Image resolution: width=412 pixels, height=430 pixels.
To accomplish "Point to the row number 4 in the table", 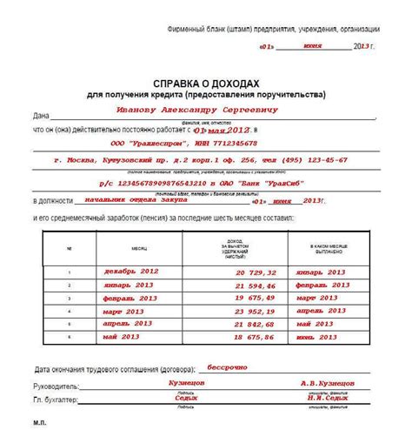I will [70, 311].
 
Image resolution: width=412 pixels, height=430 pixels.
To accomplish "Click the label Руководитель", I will [56, 385].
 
